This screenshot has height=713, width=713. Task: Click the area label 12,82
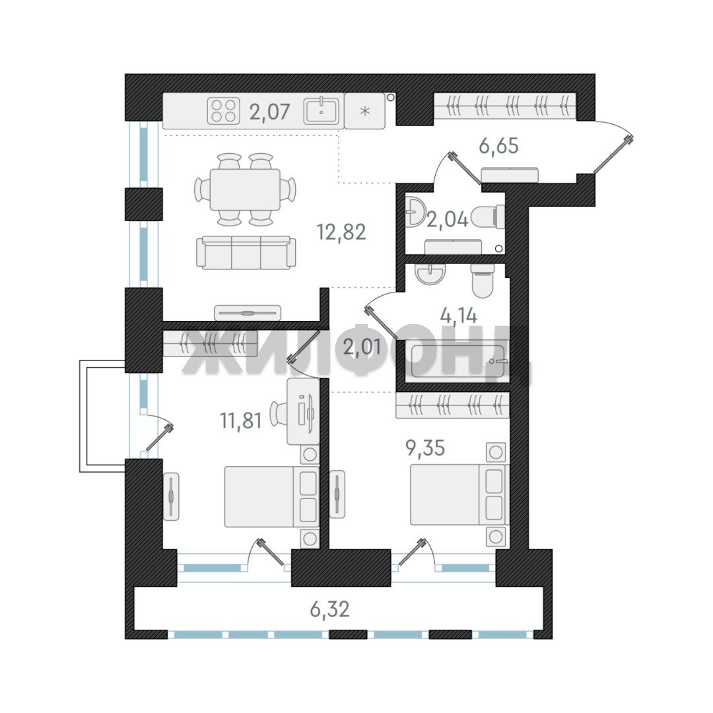(341, 232)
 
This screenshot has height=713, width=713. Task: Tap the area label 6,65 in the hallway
(498, 146)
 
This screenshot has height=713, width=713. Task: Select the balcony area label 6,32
(329, 609)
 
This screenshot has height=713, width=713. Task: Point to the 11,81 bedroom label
(241, 421)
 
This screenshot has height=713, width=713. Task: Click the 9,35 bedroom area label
(425, 448)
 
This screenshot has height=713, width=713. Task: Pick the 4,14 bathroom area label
(458, 316)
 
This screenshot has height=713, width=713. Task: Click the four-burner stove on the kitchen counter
(223, 111)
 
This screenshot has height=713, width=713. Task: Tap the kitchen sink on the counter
(321, 110)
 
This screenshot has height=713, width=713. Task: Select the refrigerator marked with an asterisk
(364, 111)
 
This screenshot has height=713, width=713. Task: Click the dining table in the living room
(245, 189)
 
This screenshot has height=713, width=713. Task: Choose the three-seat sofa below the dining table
(246, 252)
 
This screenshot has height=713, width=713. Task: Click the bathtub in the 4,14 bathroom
(458, 362)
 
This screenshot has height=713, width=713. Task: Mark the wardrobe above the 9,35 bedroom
(452, 405)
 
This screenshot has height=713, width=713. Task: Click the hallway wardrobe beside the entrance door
(505, 106)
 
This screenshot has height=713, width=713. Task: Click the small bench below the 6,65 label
(510, 175)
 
